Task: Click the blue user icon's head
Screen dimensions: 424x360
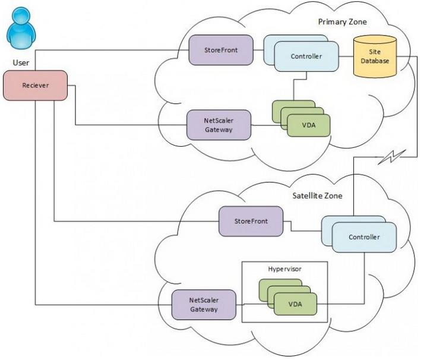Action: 21,15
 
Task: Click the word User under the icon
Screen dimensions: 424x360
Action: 21,63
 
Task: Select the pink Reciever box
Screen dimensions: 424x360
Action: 35,86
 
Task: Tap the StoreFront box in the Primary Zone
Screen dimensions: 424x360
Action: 221,50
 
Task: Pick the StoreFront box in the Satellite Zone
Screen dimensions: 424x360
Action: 251,221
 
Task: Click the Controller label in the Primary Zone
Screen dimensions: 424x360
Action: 306,56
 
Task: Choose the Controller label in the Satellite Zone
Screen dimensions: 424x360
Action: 364,237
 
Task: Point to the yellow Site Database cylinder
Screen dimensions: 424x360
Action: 375,56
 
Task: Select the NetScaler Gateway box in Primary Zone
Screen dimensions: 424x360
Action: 219,125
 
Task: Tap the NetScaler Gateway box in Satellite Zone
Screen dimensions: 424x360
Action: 204,305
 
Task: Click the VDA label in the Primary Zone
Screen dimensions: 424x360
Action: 309,125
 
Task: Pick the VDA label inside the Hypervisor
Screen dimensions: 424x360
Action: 295,304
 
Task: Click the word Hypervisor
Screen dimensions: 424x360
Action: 284,269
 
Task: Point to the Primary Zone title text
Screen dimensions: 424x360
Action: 342,22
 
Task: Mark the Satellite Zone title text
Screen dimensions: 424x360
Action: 318,195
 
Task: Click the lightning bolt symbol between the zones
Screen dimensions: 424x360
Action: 392,157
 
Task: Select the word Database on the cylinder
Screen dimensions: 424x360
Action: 375,61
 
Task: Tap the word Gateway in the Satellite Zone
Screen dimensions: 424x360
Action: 204,309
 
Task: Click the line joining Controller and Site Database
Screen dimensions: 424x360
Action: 346,56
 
